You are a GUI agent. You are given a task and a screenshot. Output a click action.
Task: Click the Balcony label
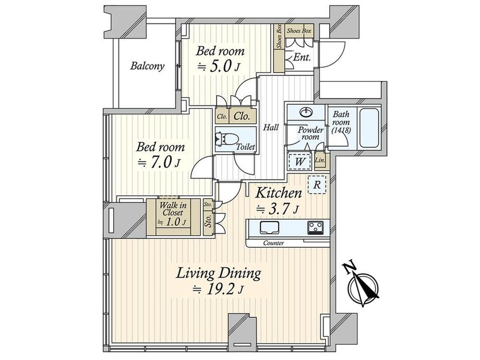[x=147, y=66]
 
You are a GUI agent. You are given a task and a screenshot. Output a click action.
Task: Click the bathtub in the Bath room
[x=369, y=128]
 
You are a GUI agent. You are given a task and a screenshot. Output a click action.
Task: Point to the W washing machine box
[x=299, y=161]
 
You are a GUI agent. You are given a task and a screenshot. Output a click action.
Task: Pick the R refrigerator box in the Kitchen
[x=317, y=185]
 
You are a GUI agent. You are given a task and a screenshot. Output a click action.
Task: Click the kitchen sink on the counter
[x=269, y=227]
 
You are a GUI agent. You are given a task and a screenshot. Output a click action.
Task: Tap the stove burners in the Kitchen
[x=315, y=227]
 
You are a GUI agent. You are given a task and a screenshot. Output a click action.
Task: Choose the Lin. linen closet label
[x=320, y=160]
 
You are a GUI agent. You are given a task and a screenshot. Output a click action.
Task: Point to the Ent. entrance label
[x=302, y=57]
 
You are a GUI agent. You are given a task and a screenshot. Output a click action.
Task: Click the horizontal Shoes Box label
[x=299, y=31]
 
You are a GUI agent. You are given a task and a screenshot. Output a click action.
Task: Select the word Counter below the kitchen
[x=273, y=243]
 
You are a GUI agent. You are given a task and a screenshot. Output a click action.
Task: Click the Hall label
[x=271, y=127]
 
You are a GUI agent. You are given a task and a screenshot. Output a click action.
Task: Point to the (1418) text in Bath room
[x=341, y=130]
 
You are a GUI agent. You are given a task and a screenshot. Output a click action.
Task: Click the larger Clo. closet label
[x=242, y=116]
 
